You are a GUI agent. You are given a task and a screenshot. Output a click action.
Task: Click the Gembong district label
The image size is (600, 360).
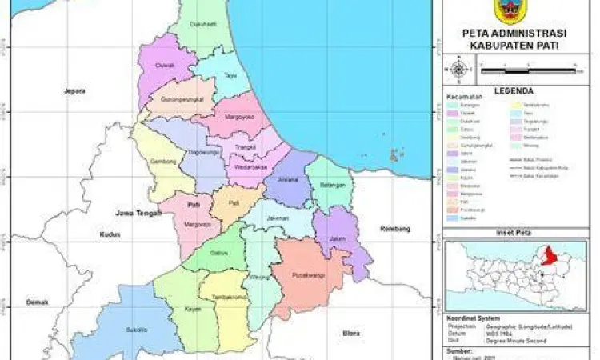point(162,162)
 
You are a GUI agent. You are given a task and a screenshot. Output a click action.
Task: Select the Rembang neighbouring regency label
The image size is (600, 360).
point(398,229)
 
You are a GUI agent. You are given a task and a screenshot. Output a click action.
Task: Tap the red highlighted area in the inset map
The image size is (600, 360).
point(550,256)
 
